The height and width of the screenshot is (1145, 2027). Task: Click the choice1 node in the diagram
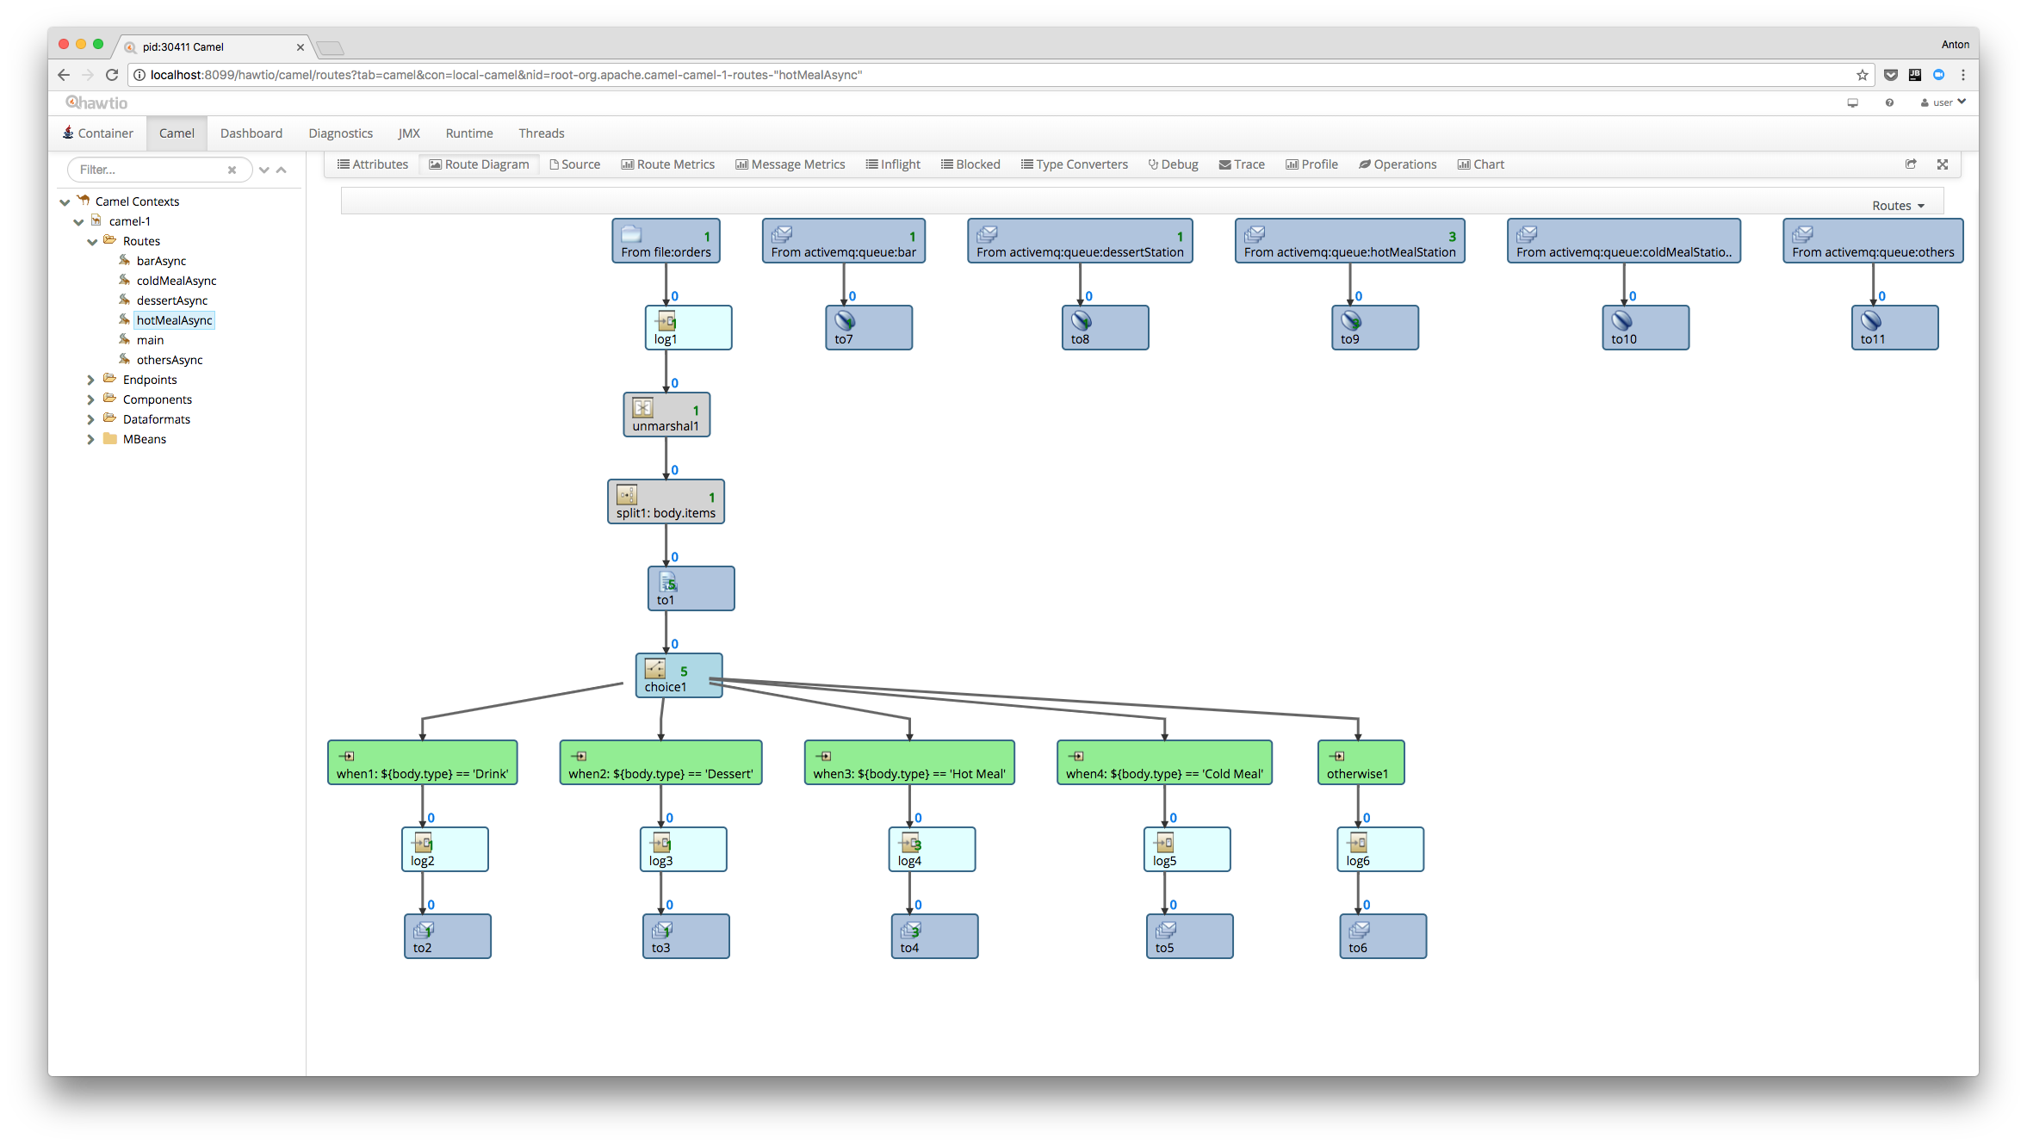click(679, 676)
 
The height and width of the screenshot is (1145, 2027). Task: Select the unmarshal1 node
click(666, 415)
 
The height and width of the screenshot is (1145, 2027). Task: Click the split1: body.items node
click(666, 502)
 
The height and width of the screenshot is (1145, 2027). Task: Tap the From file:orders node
click(666, 241)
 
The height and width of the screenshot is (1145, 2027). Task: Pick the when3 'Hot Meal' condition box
click(908, 763)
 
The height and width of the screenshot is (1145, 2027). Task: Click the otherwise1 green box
click(1361, 763)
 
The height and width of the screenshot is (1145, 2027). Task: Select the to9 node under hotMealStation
click(1374, 328)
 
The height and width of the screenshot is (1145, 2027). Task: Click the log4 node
click(931, 850)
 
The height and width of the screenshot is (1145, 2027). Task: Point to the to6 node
click(1382, 937)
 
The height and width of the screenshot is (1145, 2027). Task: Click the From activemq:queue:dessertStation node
click(1080, 241)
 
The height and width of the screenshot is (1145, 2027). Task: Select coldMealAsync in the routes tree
click(176, 281)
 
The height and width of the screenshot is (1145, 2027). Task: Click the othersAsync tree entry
click(170, 360)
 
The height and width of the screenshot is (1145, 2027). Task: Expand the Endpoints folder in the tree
click(90, 380)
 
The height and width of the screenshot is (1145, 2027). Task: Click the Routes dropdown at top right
click(1897, 206)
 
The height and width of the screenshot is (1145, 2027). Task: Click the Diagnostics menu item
click(340, 133)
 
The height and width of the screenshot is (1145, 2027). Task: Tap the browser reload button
click(112, 75)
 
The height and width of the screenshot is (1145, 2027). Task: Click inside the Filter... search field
click(151, 170)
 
